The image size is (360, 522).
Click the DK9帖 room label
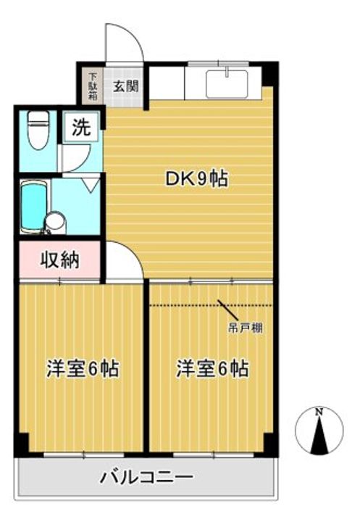tap(198, 178)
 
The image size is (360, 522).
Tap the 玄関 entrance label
tap(126, 84)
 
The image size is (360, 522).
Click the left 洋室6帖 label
tap(82, 368)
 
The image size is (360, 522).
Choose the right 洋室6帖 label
tap(212, 368)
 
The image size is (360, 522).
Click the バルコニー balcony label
tap(147, 478)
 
